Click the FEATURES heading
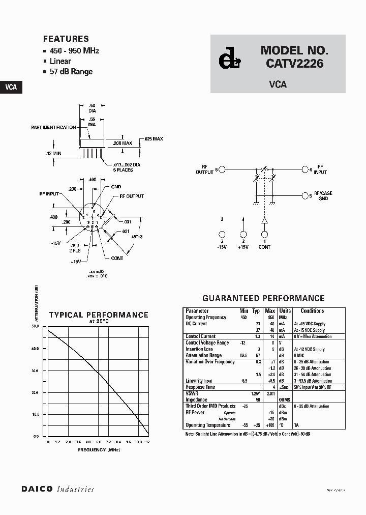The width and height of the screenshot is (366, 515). pyautogui.click(x=66, y=39)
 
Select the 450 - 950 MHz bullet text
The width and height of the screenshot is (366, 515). pyautogui.click(x=74, y=51)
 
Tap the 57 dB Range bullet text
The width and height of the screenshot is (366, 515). pyautogui.click(x=71, y=72)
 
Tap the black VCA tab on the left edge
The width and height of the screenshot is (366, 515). pyautogui.click(x=11, y=87)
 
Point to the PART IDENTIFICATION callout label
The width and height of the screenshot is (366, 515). pyautogui.click(x=53, y=128)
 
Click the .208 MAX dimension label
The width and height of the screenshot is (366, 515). pyautogui.click(x=123, y=144)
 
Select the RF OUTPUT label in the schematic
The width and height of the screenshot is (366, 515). pyautogui.click(x=205, y=169)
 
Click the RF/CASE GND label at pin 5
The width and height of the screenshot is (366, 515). pyautogui.click(x=323, y=196)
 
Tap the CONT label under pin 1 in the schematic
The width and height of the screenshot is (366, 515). pyautogui.click(x=264, y=247)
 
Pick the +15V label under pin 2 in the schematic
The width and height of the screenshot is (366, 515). pyautogui.click(x=243, y=247)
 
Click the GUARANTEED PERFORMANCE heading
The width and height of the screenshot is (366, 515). pyautogui.click(x=263, y=299)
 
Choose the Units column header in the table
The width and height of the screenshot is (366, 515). pyautogui.click(x=285, y=311)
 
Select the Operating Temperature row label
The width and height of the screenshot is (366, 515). pyautogui.click(x=208, y=425)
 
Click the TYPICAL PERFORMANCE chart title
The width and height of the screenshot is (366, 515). pyautogui.click(x=99, y=315)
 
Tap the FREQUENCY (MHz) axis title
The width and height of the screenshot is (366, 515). pyautogui.click(x=99, y=450)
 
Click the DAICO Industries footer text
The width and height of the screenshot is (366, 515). pyautogui.click(x=57, y=489)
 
